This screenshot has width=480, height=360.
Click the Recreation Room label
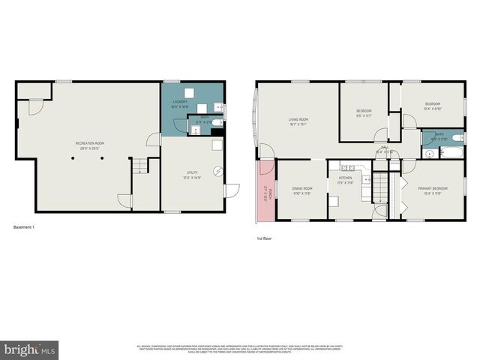coord(89,145)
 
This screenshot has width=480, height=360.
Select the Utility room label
coord(192,175)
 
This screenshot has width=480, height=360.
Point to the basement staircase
coord(139,166)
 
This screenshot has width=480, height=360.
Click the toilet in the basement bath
coord(216,122)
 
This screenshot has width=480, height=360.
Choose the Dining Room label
coord(302,190)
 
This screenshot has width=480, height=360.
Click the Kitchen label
coord(345,190)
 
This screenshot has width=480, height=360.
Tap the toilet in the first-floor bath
coord(429,154)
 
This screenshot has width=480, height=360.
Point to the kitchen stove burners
coord(347,167)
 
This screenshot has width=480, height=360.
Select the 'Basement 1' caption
coord(24,226)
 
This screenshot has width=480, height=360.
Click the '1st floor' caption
coord(265,238)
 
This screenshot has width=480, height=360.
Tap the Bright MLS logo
coord(30,349)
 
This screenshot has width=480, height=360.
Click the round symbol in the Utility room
coord(219,171)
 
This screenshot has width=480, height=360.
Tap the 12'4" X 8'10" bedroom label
coord(433,106)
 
